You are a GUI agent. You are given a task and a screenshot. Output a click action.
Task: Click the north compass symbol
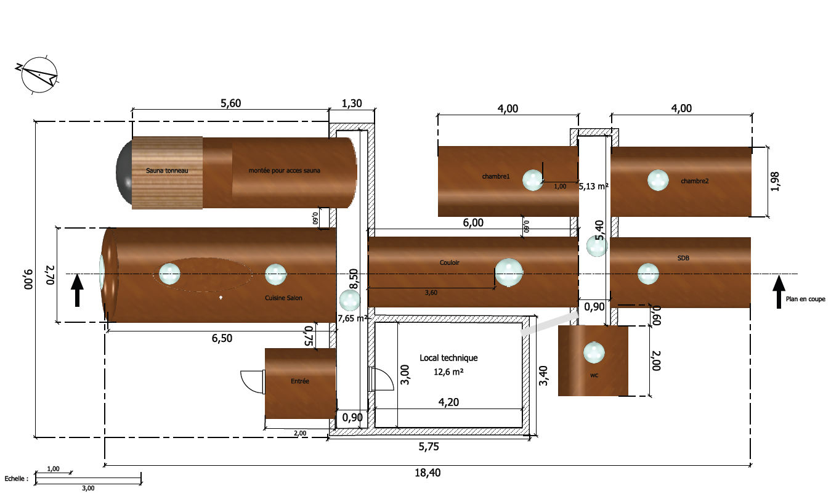(x=39, y=75)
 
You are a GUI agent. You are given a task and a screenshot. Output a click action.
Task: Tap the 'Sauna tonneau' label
(x=167, y=171)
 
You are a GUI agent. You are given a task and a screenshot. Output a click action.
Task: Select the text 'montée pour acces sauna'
(x=284, y=171)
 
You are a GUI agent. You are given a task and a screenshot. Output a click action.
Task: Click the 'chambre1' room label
(x=496, y=176)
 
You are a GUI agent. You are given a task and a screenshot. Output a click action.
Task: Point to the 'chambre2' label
(x=694, y=181)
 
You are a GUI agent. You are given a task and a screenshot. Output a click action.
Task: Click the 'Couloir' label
(x=449, y=262)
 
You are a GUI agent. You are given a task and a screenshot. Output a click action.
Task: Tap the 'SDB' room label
(x=683, y=258)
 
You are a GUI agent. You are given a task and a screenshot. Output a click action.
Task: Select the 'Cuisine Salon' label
(x=283, y=298)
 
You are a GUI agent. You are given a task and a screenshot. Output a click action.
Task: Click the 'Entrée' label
(x=300, y=381)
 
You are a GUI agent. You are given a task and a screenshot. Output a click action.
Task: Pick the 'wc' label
(x=594, y=375)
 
